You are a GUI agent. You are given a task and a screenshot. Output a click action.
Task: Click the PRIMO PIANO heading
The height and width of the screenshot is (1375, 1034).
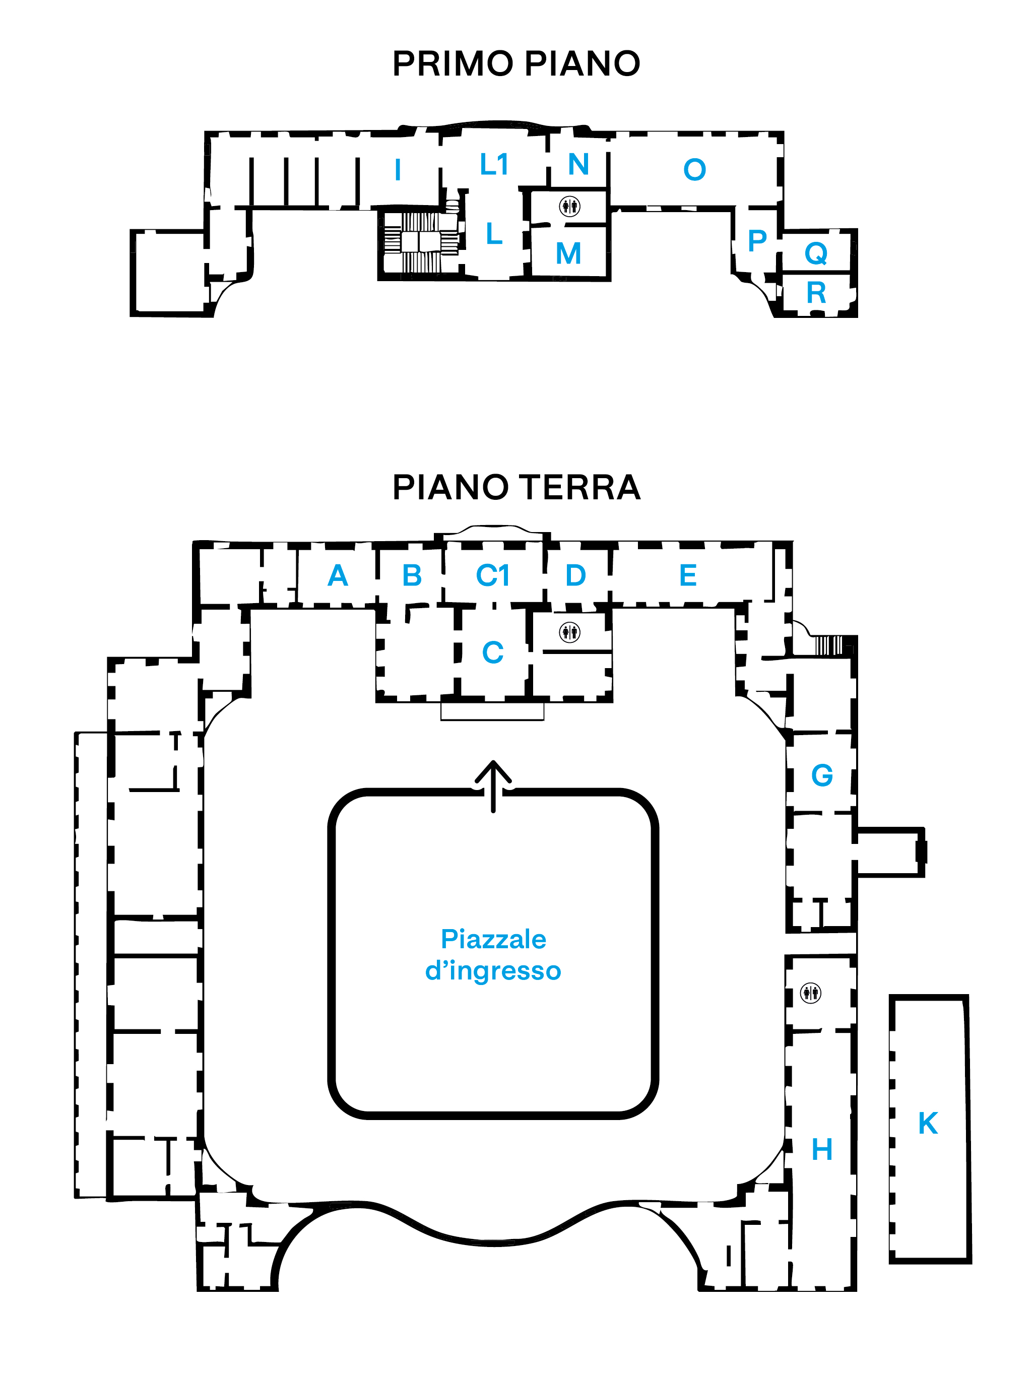516,63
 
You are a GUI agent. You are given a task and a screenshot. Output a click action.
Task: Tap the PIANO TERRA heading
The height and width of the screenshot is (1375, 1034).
516,487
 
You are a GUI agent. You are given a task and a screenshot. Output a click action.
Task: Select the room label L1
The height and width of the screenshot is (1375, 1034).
494,165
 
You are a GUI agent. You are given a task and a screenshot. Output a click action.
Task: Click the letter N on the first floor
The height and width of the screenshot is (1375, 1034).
578,165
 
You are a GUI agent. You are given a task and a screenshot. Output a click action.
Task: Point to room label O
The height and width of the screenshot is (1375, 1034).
694,170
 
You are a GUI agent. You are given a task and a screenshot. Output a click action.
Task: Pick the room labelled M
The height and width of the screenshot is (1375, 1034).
568,253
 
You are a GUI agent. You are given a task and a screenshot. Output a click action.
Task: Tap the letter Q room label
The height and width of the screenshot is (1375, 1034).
816,253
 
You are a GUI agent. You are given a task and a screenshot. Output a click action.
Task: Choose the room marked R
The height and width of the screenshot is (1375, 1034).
816,293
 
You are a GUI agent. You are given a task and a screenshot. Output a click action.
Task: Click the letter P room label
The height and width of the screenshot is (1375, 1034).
757,240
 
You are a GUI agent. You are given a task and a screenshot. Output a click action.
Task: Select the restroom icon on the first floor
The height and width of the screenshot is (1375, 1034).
569,206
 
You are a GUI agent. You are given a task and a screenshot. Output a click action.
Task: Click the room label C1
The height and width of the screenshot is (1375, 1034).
492,575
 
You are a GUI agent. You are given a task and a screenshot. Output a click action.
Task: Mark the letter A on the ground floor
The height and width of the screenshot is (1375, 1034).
338,575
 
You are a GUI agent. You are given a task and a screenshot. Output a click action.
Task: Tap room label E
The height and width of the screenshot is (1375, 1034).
688,575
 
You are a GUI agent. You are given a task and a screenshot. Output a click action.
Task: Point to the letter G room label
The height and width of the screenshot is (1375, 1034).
822,775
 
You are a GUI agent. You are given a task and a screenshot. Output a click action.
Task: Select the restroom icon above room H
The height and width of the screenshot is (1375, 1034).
811,993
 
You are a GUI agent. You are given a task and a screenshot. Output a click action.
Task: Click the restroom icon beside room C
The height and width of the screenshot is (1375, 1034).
569,632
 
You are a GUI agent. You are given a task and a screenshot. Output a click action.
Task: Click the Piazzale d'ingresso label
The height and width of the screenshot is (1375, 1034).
493,955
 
